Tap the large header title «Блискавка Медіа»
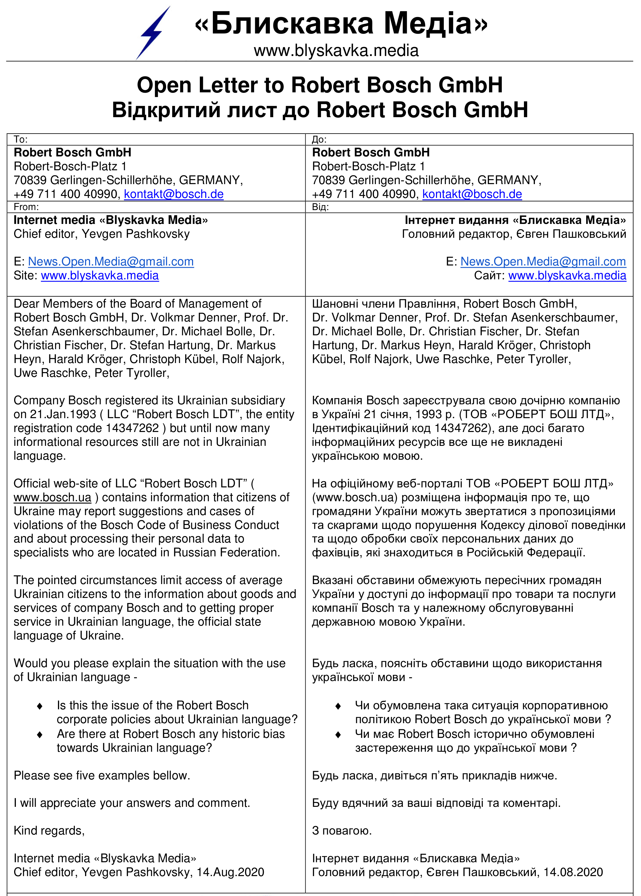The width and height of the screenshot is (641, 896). pyautogui.click(x=341, y=23)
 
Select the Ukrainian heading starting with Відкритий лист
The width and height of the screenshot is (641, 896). pyautogui.click(x=320, y=110)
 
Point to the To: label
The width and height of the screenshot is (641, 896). pyautogui.click(x=20, y=139)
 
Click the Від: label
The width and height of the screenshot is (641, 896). pyautogui.click(x=320, y=207)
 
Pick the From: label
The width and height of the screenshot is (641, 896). pyautogui.click(x=26, y=207)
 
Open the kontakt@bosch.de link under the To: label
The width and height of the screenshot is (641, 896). pyautogui.click(x=174, y=194)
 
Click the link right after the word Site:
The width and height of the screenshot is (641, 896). pyautogui.click(x=100, y=276)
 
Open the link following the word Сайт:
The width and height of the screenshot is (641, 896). pyautogui.click(x=567, y=276)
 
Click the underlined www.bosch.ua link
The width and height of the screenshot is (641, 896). pyautogui.click(x=52, y=497)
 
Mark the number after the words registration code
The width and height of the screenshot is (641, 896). pyautogui.click(x=132, y=428)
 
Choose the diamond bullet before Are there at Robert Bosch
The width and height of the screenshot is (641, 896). pyautogui.click(x=40, y=734)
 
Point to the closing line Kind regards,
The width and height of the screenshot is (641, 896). pyautogui.click(x=49, y=831)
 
